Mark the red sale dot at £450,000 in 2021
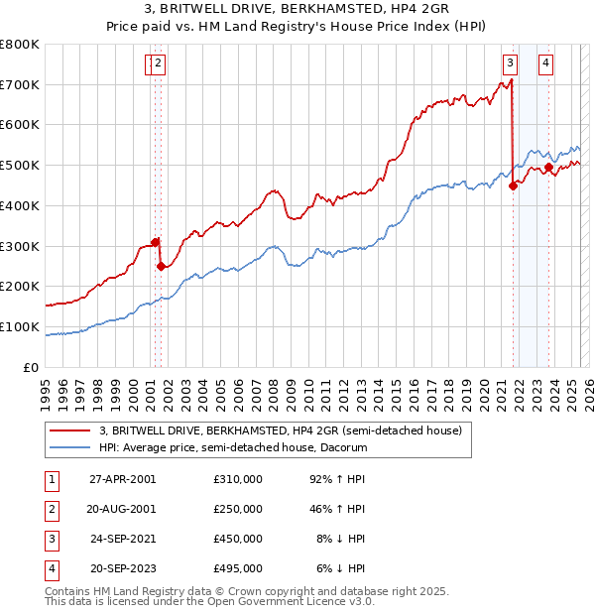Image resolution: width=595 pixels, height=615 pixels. click(513, 185)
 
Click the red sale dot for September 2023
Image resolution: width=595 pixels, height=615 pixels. click(548, 168)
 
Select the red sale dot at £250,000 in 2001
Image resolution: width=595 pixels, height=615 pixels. click(161, 266)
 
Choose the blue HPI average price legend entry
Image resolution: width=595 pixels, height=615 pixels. click(233, 447)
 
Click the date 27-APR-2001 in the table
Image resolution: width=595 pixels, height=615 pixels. click(123, 479)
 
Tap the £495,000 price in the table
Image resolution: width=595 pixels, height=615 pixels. click(238, 568)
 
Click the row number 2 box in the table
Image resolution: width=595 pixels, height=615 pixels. click(51, 509)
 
